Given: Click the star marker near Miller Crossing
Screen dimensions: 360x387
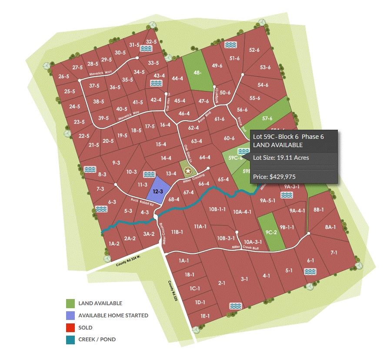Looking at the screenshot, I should tap(188, 172).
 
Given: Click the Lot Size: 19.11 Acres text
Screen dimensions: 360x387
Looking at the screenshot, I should tap(281, 158).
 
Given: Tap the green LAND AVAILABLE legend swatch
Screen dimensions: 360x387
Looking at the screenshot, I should tap(70, 303).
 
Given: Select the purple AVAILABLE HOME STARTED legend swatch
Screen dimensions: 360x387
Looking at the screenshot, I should tap(70, 315).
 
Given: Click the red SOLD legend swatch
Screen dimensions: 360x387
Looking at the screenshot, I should tap(70, 327).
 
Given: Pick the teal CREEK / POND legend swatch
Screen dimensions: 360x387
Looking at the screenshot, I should tap(70, 340).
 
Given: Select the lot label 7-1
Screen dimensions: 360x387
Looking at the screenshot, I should tap(334, 252).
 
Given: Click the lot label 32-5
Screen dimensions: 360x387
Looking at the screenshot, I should tap(151, 42).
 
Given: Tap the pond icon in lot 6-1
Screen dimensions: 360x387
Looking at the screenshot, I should tap(310, 272).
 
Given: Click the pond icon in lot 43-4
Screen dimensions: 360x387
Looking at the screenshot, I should tap(155, 83).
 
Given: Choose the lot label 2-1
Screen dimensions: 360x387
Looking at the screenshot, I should tap(222, 283).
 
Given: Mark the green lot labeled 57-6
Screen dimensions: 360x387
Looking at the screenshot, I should tap(267, 118).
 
